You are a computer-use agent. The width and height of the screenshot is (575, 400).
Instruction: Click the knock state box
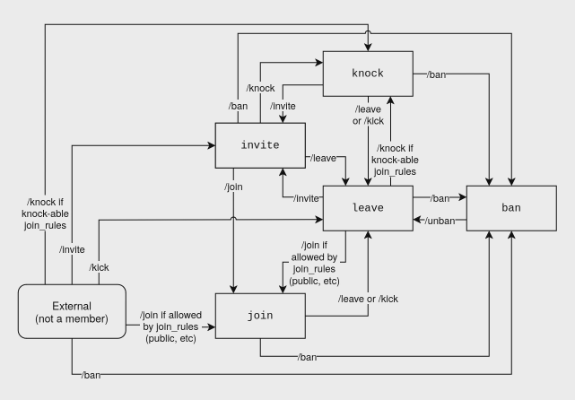click(367, 74)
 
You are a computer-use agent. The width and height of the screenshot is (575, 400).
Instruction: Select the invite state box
click(260, 144)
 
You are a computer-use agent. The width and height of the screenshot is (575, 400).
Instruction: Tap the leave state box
click(367, 207)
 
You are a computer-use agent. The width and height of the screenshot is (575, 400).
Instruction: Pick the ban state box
click(510, 207)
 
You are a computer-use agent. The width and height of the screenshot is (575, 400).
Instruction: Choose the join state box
click(260, 315)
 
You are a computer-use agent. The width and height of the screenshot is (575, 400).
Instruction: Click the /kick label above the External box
click(100, 267)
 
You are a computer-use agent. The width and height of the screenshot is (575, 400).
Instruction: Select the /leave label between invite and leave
click(323, 158)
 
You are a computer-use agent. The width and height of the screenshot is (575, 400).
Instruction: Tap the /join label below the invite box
click(234, 187)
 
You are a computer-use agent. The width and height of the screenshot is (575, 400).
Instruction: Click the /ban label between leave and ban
click(440, 197)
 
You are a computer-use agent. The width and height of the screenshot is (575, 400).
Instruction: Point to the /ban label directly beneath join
click(307, 357)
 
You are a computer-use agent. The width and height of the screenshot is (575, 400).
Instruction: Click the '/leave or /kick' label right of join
click(368, 298)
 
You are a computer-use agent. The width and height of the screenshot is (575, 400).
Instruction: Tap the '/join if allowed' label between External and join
click(170, 328)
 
